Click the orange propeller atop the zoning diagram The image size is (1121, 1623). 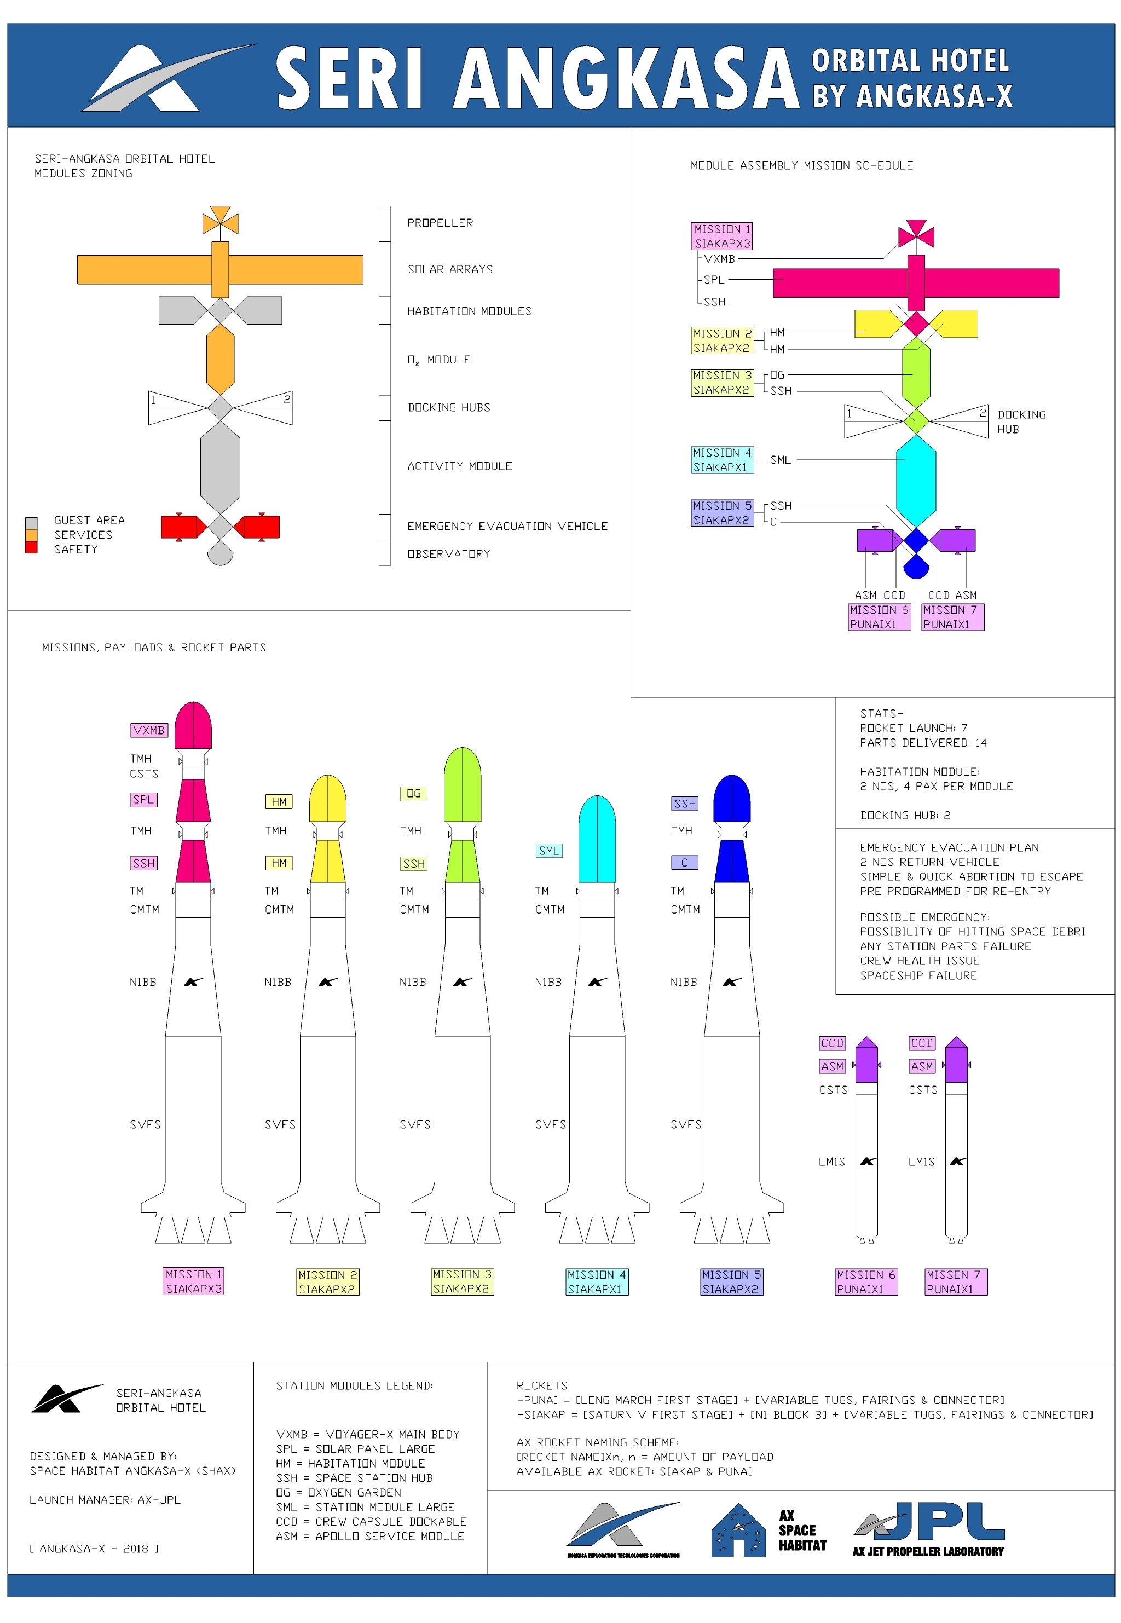click(x=220, y=221)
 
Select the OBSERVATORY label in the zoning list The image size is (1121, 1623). click(x=448, y=553)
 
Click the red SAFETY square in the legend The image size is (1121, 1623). click(x=31, y=548)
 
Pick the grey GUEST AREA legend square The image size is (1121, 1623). click(x=31, y=523)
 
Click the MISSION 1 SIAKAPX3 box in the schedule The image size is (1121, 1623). click(x=722, y=236)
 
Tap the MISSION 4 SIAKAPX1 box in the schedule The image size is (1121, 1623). click(x=722, y=460)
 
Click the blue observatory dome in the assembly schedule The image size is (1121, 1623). click(x=915, y=566)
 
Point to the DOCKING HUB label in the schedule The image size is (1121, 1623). click(x=1021, y=421)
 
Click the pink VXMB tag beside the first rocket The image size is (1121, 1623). click(x=148, y=730)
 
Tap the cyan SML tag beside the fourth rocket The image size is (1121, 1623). click(x=548, y=851)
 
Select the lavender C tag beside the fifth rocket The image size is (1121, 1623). click(x=684, y=863)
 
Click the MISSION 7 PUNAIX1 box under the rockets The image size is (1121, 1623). click(x=956, y=1281)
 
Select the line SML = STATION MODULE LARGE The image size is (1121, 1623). click(x=365, y=1507)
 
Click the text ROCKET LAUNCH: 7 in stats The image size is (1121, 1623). click(x=913, y=727)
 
